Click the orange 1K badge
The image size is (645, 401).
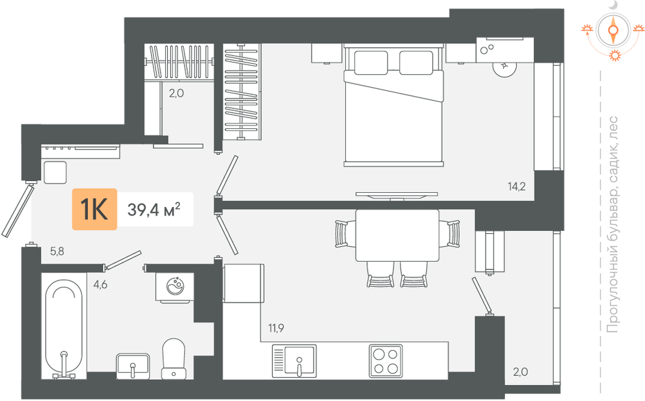(95, 209)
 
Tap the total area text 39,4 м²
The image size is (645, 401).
(154, 210)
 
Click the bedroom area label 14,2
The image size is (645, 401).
(517, 186)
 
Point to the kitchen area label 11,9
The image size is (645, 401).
(276, 328)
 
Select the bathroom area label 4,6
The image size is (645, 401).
(100, 284)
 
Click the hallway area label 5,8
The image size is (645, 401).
(57, 251)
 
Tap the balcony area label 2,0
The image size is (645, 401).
(521, 372)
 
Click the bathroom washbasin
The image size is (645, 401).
(133, 366)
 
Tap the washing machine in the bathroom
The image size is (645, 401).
(175, 287)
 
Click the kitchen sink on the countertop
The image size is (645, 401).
(294, 360)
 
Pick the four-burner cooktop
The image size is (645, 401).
(386, 360)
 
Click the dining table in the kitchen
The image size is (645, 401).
(397, 235)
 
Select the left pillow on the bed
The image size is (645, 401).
(371, 63)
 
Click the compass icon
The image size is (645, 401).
(613, 30)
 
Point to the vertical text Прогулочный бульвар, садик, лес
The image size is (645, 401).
(613, 224)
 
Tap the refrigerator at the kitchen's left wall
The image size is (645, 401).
(243, 284)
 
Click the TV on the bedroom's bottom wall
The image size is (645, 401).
(397, 195)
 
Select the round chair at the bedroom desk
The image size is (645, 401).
(504, 66)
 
